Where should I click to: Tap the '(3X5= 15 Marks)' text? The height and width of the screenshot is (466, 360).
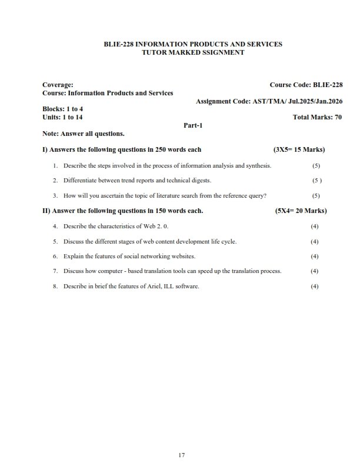tap(299, 149)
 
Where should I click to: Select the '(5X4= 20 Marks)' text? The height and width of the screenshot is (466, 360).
tap(301, 211)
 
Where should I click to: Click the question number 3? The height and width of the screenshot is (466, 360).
tap(55, 195)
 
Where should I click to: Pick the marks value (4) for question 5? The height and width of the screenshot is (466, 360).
tap(315, 241)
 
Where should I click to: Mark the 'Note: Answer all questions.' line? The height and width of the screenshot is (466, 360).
tap(84, 134)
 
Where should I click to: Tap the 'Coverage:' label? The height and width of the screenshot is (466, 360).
tap(58, 85)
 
